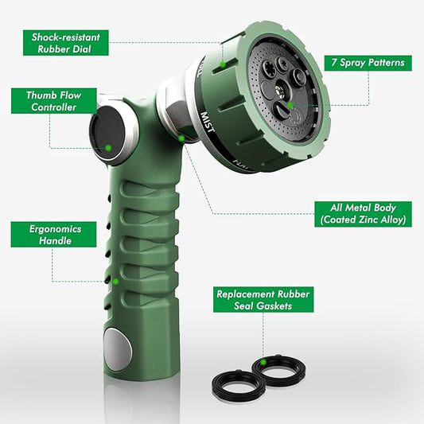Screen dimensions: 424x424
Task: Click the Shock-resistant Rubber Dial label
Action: tap(60, 43)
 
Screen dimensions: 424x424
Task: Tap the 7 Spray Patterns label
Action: tap(368, 61)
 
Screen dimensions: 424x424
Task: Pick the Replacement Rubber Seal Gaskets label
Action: tap(263, 300)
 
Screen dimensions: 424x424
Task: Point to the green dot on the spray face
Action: tap(291, 104)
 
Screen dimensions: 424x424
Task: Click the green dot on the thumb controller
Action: tap(107, 147)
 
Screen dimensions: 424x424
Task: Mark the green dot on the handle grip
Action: tap(116, 280)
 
